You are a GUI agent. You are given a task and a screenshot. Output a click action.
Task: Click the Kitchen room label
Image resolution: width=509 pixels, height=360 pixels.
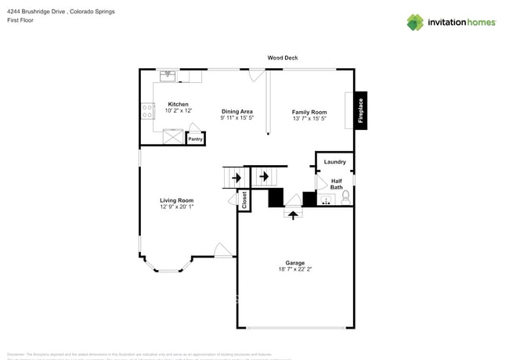click(178, 104)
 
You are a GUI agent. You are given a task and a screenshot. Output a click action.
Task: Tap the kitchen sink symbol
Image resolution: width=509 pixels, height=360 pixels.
click(168, 76)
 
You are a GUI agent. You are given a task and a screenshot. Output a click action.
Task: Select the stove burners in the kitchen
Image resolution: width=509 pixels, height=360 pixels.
click(146, 111)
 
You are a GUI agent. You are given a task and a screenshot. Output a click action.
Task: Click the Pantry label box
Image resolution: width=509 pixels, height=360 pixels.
click(195, 139)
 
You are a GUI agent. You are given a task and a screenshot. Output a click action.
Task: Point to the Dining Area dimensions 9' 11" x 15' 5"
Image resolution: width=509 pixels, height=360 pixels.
click(236, 118)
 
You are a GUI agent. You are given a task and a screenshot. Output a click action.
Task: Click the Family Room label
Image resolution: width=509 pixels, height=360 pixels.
click(309, 112)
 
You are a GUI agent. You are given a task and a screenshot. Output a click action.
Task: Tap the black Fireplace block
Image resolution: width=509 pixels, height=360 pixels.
click(361, 109)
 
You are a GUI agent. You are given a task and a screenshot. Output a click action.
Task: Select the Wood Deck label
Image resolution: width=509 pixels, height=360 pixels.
click(283, 58)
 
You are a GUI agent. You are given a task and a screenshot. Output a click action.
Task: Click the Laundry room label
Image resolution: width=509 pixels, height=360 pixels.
click(335, 162)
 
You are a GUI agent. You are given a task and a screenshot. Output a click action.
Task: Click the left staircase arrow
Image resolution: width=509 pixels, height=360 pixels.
click(236, 178)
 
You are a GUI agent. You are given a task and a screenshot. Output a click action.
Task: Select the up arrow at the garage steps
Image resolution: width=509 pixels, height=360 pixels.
click(293, 212)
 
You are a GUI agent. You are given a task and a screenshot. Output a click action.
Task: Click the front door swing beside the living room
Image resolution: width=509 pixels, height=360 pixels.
click(222, 250)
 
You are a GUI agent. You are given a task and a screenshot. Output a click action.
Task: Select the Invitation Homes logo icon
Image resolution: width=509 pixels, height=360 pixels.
click(416, 22)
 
